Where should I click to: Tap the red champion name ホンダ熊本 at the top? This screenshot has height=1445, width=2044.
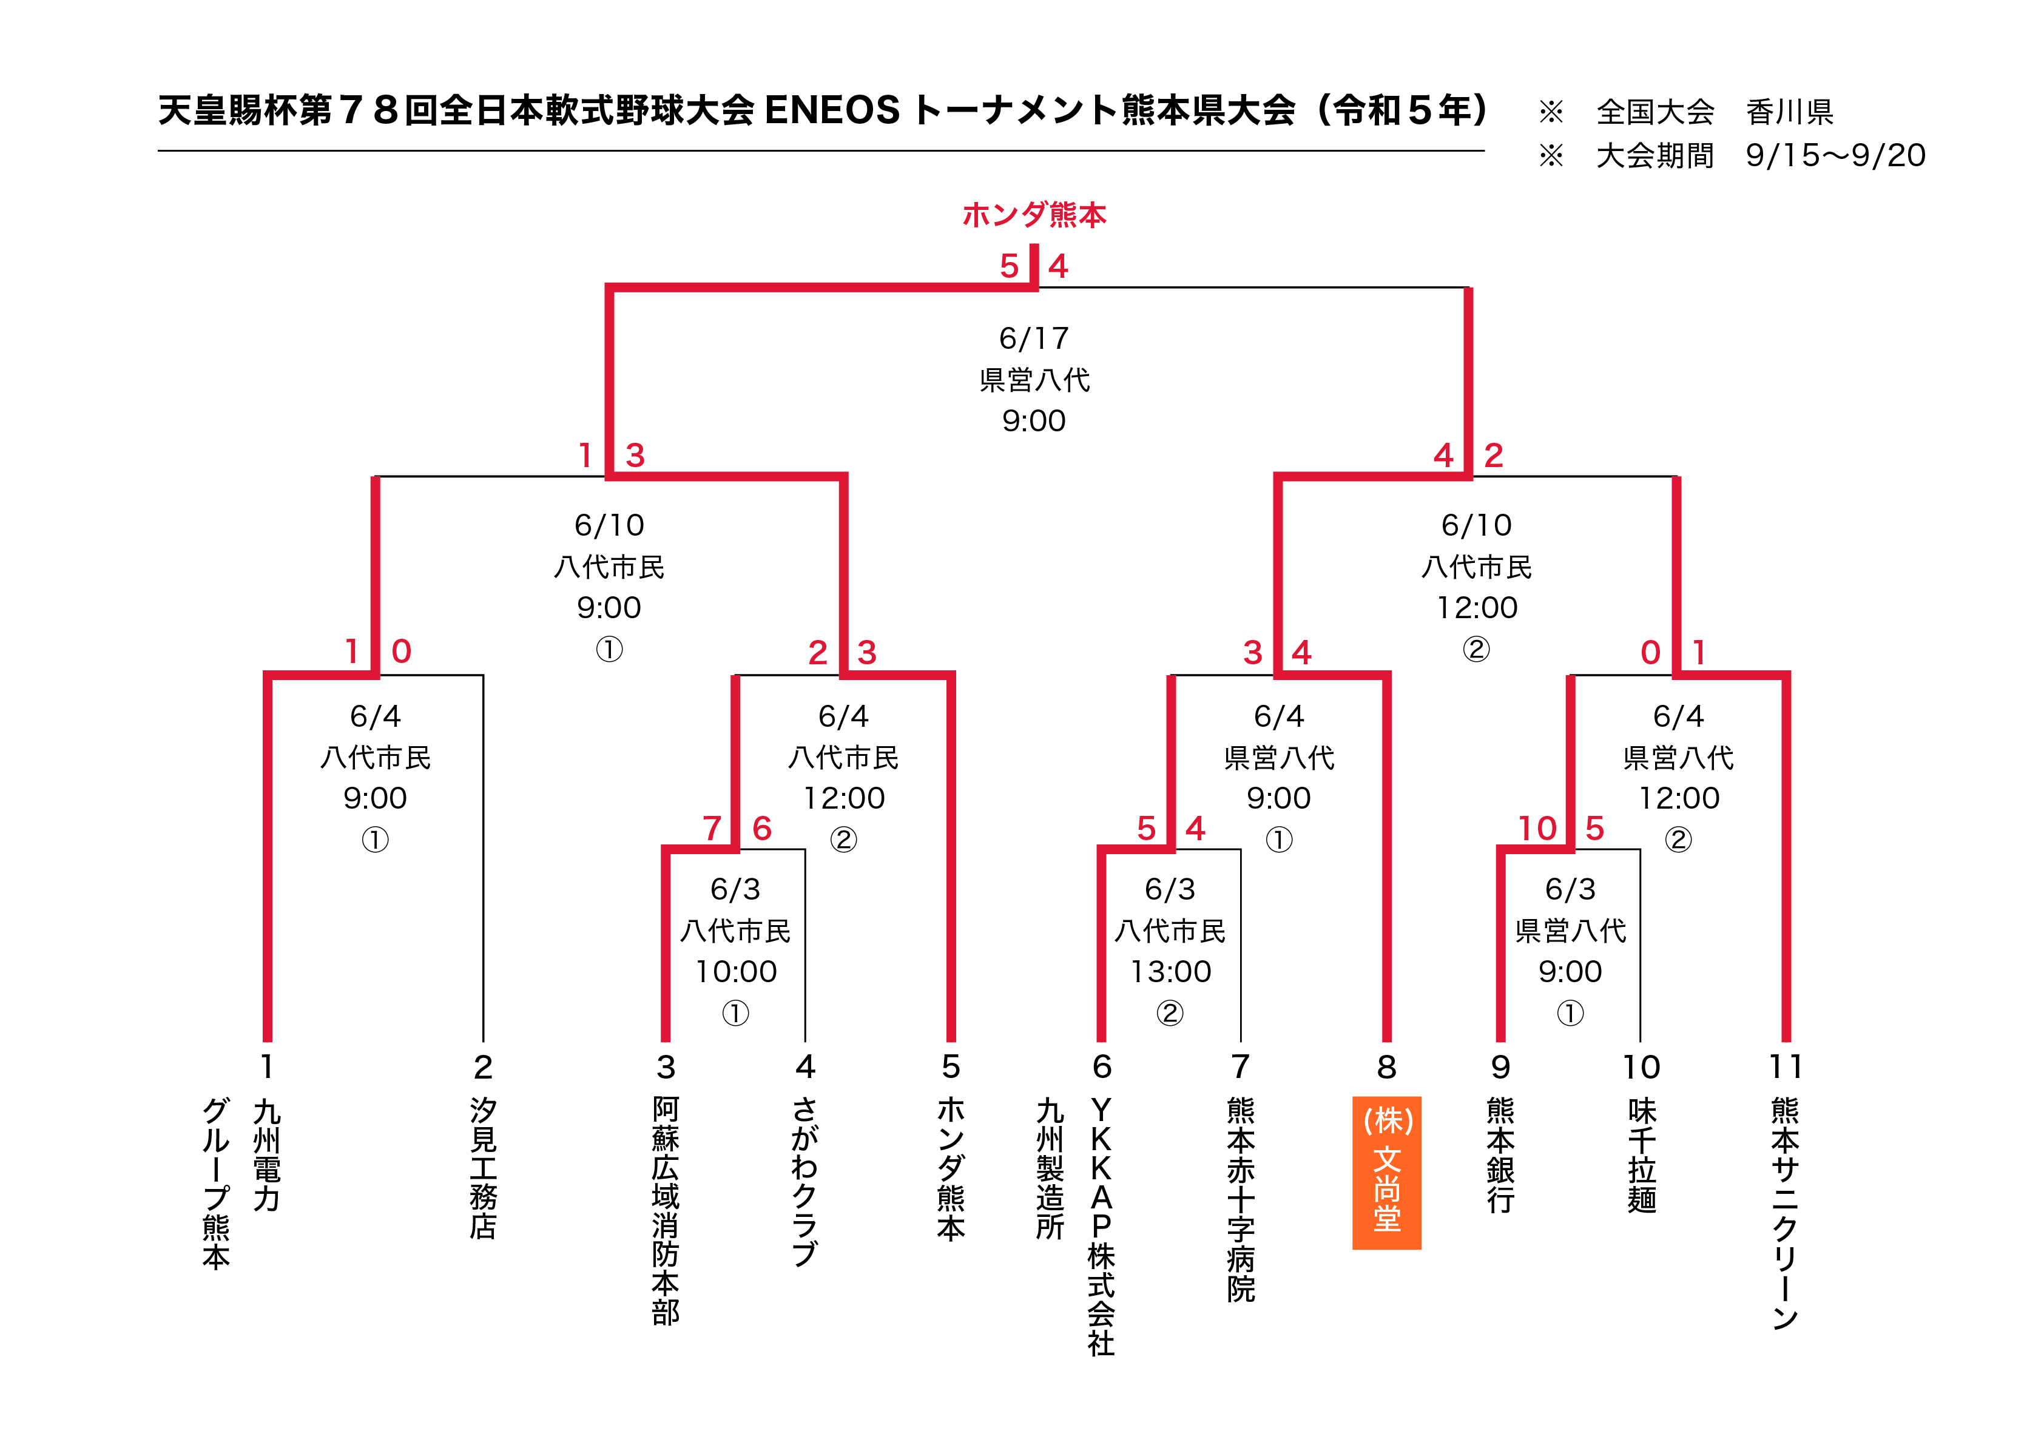(x=1034, y=215)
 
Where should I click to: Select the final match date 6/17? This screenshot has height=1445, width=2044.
(x=1034, y=339)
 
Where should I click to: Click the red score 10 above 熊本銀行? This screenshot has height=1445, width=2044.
(x=1537, y=828)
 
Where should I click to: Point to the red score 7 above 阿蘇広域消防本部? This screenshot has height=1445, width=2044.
(x=711, y=828)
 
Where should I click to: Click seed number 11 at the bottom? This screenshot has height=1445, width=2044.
(x=1785, y=1066)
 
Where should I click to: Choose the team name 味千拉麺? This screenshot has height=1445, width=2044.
(x=1642, y=1155)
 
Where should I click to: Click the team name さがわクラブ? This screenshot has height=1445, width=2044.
(x=804, y=1182)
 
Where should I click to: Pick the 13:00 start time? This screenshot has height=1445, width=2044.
(x=1171, y=971)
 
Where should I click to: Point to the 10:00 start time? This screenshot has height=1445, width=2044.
(x=736, y=971)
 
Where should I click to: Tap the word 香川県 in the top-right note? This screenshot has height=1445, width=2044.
(x=1789, y=112)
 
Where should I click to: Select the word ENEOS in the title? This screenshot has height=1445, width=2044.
(x=832, y=110)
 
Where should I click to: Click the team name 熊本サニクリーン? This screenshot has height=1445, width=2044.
(x=1785, y=1213)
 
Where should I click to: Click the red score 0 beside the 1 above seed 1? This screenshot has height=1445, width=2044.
(x=402, y=652)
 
